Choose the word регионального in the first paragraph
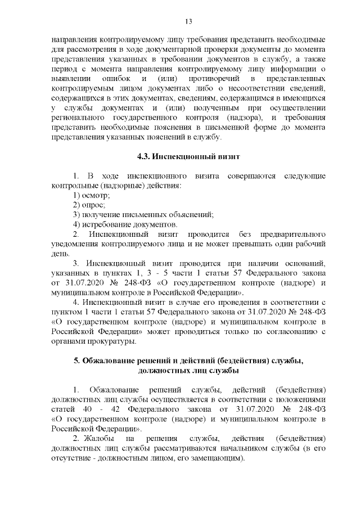click(x=76, y=118)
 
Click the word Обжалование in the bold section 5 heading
click(x=109, y=361)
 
